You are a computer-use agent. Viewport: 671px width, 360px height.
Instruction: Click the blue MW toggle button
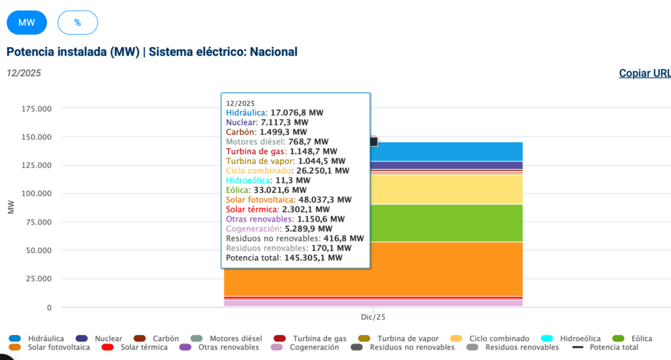click(27, 22)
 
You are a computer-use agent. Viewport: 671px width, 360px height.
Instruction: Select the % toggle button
click(77, 22)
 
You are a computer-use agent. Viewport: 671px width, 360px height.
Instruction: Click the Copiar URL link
click(645, 73)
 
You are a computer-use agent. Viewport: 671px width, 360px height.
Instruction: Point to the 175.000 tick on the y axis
click(37, 108)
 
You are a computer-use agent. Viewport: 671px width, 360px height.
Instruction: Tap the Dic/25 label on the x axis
click(373, 317)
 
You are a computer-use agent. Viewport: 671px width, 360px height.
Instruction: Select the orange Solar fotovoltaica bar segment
click(446, 269)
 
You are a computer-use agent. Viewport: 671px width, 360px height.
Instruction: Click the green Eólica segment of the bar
click(446, 223)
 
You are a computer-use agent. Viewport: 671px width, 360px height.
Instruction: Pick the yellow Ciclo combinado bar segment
click(446, 189)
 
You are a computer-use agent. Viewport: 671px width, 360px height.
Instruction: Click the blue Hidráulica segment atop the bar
click(446, 151)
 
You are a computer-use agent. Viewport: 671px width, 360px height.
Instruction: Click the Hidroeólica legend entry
click(578, 338)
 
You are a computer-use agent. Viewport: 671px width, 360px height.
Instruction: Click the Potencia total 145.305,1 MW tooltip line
click(284, 258)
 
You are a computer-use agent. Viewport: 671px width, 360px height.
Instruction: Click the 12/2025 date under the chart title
click(24, 73)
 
